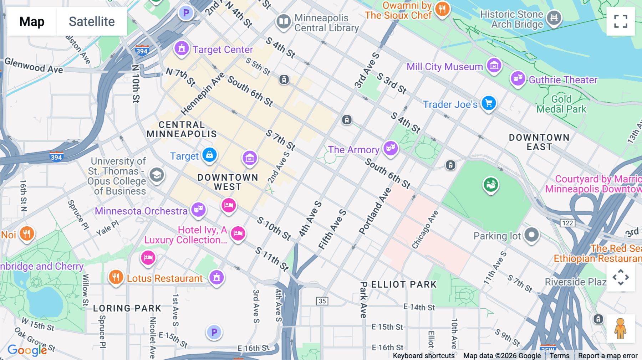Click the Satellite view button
(x=92, y=22)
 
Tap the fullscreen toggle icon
(x=621, y=21)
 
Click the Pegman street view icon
(x=620, y=328)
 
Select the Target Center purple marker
(x=182, y=48)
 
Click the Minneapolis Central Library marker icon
(x=284, y=21)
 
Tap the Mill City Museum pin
(x=494, y=65)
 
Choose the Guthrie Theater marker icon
(x=518, y=78)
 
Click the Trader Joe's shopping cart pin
(x=489, y=103)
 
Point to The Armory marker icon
(x=391, y=148)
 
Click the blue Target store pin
(x=209, y=155)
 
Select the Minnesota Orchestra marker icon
(x=198, y=209)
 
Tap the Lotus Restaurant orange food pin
(x=116, y=277)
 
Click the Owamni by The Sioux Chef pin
(x=442, y=9)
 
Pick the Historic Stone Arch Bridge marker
(x=554, y=17)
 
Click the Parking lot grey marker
(x=531, y=235)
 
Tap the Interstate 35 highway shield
(x=322, y=301)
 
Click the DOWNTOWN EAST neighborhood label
(x=539, y=142)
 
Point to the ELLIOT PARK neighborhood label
(x=404, y=284)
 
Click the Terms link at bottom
(x=559, y=356)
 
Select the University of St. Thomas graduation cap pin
(x=157, y=175)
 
